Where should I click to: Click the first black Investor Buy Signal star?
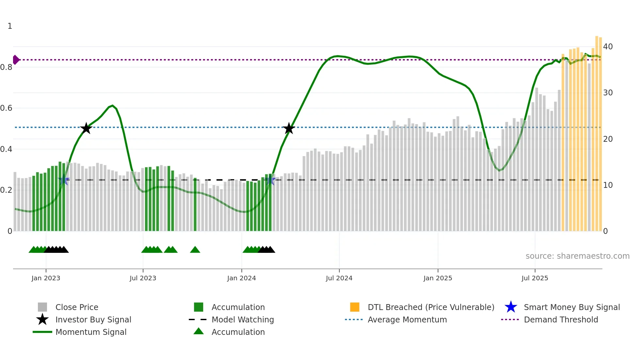pyautogui.click(x=86, y=128)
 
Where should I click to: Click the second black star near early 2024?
pyautogui.click(x=289, y=128)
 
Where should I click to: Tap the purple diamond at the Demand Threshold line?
pyautogui.click(x=16, y=60)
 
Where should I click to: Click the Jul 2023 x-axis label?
pyautogui.click(x=143, y=278)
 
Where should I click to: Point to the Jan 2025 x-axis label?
pyautogui.click(x=438, y=278)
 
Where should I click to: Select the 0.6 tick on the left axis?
pyautogui.click(x=7, y=108)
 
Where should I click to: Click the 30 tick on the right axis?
pyautogui.click(x=608, y=93)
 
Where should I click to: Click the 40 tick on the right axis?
pyautogui.click(x=608, y=47)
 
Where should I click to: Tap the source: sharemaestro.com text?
pyautogui.click(x=577, y=256)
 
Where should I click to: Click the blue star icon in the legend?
pyautogui.click(x=511, y=307)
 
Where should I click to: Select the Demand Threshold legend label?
pyautogui.click(x=561, y=319)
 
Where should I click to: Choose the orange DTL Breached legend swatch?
pyautogui.click(x=355, y=307)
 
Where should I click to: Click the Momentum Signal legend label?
pyautogui.click(x=91, y=332)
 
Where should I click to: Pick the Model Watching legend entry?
pyautogui.click(x=243, y=319)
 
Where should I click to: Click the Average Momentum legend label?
pyautogui.click(x=407, y=319)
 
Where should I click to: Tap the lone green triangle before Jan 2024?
pyautogui.click(x=195, y=250)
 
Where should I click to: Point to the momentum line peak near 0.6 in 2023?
pyautogui.click(x=112, y=106)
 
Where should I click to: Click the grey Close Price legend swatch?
pyautogui.click(x=42, y=307)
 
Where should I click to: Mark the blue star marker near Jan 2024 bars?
pyautogui.click(x=270, y=180)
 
